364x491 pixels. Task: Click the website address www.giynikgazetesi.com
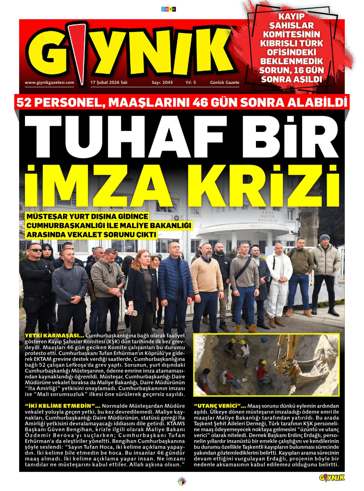[49, 82]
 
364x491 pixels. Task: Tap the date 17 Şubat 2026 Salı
[109, 82]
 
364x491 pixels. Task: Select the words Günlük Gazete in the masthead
[224, 82]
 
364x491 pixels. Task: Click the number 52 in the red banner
[26, 102]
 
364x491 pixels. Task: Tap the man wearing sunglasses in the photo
[36, 283]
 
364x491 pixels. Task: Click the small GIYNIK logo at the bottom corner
[331, 477]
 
